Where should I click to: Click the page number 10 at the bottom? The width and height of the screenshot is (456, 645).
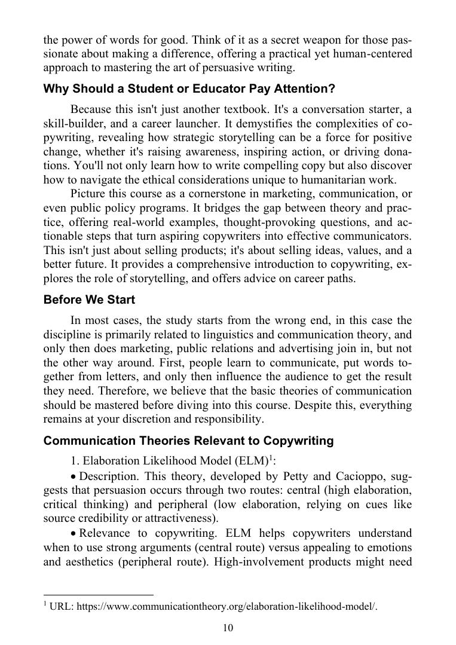point(228,628)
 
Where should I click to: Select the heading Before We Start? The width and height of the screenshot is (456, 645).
point(89,299)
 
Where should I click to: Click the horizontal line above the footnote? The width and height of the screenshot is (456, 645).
point(99,595)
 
